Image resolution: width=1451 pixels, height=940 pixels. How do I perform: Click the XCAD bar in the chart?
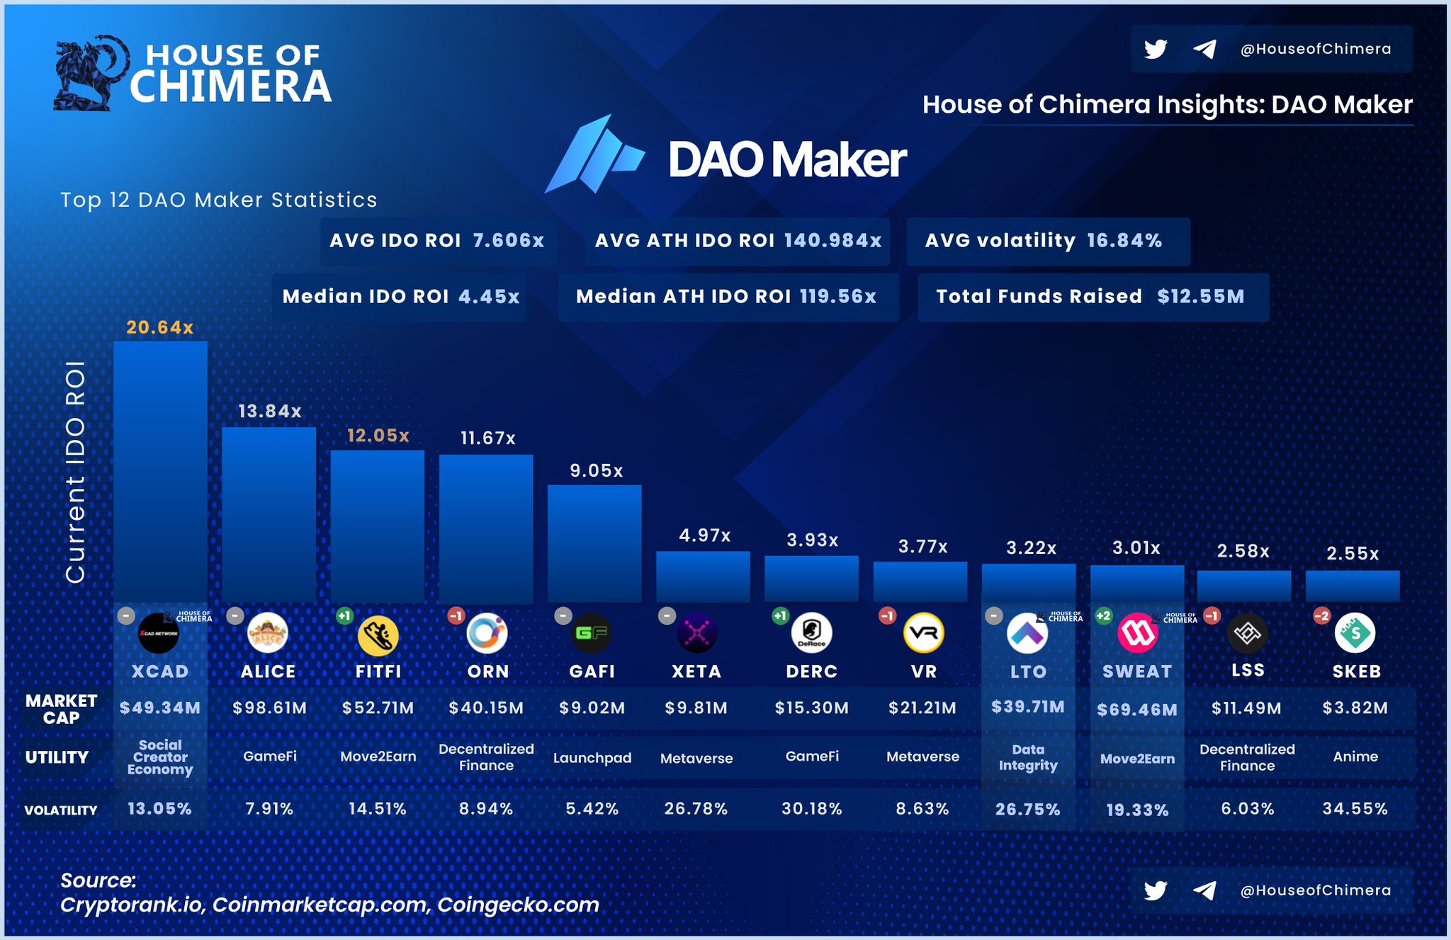pos(160,471)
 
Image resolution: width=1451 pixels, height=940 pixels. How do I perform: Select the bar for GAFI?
pos(594,543)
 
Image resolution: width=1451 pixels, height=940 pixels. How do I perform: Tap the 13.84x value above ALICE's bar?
pos(269,411)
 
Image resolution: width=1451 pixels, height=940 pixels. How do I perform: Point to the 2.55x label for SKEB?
pos(1353,553)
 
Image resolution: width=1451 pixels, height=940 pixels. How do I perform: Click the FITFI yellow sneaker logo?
pos(378,635)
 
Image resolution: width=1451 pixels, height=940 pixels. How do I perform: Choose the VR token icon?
pos(923,633)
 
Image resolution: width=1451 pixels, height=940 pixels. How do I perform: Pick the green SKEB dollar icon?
pos(1355,633)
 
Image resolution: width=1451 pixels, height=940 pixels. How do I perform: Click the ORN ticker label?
pos(487,672)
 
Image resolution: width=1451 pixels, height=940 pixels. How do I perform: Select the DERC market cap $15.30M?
pos(811,708)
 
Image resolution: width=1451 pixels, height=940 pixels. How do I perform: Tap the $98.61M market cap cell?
pos(269,708)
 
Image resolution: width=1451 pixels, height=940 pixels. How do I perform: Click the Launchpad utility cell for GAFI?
pos(592,758)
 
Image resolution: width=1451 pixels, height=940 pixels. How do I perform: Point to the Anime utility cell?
pos(1355,757)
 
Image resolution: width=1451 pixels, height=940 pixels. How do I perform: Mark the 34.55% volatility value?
pos(1355,808)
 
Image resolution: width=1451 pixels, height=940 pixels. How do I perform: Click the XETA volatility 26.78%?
pos(696,808)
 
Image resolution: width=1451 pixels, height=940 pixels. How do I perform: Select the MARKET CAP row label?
pos(61,709)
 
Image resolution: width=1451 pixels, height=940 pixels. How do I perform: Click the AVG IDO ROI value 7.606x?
pos(508,241)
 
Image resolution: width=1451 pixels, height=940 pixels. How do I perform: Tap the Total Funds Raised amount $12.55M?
pos(1200,296)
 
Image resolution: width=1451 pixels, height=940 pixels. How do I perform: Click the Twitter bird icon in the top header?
pos(1156,49)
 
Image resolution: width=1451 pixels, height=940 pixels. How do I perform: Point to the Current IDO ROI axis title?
pos(75,471)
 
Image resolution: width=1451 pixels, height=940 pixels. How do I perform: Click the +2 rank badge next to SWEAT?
pos(1103,616)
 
